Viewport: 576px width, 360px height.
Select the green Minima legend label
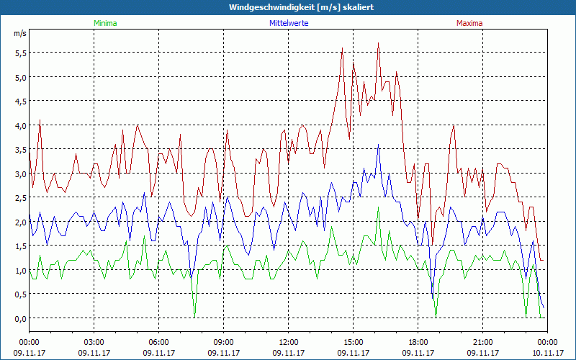point(105,23)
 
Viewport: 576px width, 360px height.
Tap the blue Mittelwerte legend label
point(288,23)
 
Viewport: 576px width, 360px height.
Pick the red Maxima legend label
point(469,23)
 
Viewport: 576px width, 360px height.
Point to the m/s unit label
point(19,33)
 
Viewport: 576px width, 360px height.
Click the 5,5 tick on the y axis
point(19,53)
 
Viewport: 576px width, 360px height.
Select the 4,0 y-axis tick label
point(19,125)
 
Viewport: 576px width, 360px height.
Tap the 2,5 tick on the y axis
point(19,197)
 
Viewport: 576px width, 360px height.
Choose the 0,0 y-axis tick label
point(19,318)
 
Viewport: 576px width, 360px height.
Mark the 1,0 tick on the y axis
point(19,270)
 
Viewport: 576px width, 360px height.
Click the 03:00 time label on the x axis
point(94,342)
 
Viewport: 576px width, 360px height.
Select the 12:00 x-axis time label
point(289,342)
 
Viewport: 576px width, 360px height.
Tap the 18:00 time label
point(418,342)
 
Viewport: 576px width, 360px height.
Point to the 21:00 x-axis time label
point(483,342)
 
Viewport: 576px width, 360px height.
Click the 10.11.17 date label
point(547,353)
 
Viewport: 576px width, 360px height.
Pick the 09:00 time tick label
point(224,342)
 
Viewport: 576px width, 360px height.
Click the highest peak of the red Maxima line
point(378,43)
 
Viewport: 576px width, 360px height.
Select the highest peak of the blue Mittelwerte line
point(379,145)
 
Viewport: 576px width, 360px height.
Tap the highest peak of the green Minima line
point(379,208)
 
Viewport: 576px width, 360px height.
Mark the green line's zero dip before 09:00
point(194,317)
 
